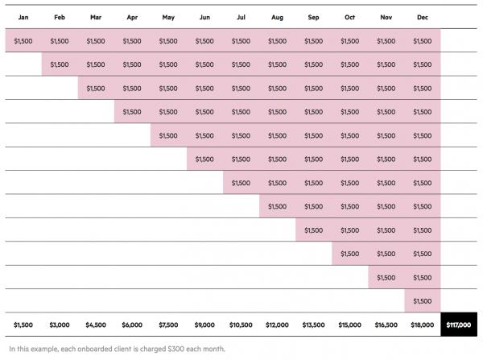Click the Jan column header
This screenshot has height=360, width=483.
coord(23,16)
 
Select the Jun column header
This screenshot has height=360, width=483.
coord(204,16)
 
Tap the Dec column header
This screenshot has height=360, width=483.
coord(422,16)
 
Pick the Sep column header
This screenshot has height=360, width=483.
coord(313,16)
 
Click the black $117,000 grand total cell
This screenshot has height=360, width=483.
coord(459,325)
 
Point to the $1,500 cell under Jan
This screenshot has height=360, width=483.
coord(23,40)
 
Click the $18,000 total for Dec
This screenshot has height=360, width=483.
coord(422,325)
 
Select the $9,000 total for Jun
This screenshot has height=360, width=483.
coord(204,325)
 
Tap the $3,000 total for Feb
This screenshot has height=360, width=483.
coord(60,325)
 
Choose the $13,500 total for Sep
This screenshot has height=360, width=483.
coord(313,325)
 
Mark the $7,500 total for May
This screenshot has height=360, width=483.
coord(168,325)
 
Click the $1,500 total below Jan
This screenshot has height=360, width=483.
coord(23,325)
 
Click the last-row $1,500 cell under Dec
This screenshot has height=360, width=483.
coord(422,300)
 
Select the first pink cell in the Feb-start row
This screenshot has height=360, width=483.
coord(60,64)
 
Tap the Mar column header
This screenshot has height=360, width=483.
coord(96,16)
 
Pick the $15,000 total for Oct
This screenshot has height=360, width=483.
coord(349,325)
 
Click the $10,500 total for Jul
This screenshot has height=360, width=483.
coord(241,325)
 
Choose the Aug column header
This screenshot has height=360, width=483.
coord(277,16)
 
